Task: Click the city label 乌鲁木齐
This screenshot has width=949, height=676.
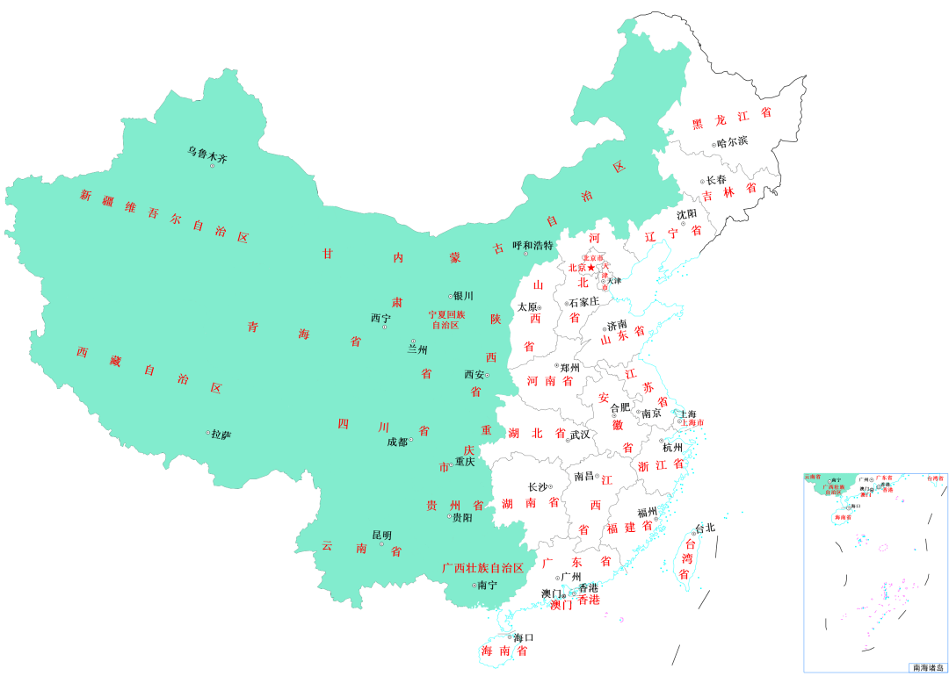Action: [x=207, y=155]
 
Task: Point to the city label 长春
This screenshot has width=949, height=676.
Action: [x=716, y=180]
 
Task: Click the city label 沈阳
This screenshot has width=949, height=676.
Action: [x=686, y=214]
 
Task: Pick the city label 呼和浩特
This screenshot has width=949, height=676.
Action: [x=532, y=246]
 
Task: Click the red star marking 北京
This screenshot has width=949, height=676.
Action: [x=590, y=268]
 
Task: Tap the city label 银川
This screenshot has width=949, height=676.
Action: [x=463, y=296]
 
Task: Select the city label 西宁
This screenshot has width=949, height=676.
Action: [x=380, y=318]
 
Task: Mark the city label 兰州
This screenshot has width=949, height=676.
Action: [x=417, y=349]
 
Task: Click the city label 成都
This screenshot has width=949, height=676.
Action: [x=397, y=442]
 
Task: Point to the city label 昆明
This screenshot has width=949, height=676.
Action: [x=381, y=535]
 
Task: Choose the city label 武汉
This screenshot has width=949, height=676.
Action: [x=580, y=435]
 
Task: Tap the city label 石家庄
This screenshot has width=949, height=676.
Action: [x=583, y=302]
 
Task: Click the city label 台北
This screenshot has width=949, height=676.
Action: [x=705, y=529]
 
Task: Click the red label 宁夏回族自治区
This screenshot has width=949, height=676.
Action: [x=446, y=320]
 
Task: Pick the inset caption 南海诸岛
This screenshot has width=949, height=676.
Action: [x=927, y=667]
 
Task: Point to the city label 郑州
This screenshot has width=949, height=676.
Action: [x=570, y=367]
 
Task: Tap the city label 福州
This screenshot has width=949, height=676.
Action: [x=648, y=511]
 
